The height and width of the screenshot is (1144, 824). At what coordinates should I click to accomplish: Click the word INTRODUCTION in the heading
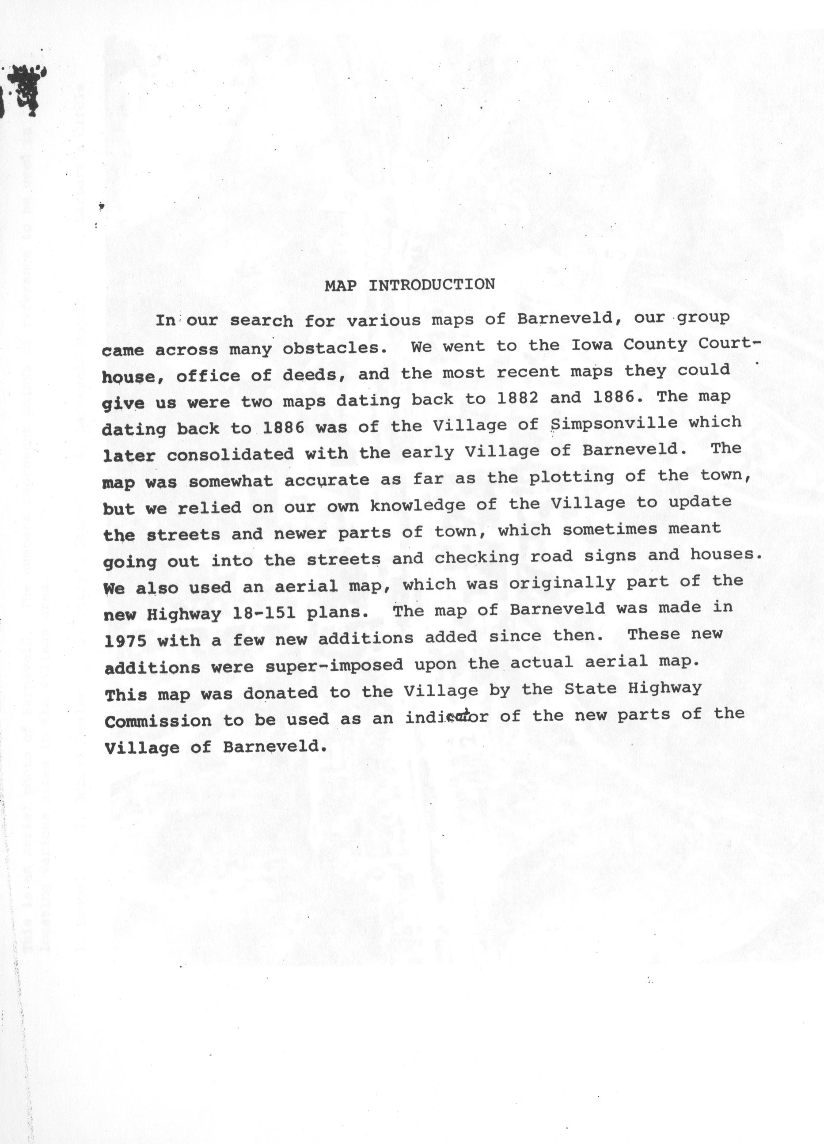click(432, 285)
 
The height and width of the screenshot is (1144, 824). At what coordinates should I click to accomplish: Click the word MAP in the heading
click(340, 285)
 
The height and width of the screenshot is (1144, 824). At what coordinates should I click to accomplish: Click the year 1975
click(125, 641)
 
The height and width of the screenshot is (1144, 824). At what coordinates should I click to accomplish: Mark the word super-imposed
click(334, 665)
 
